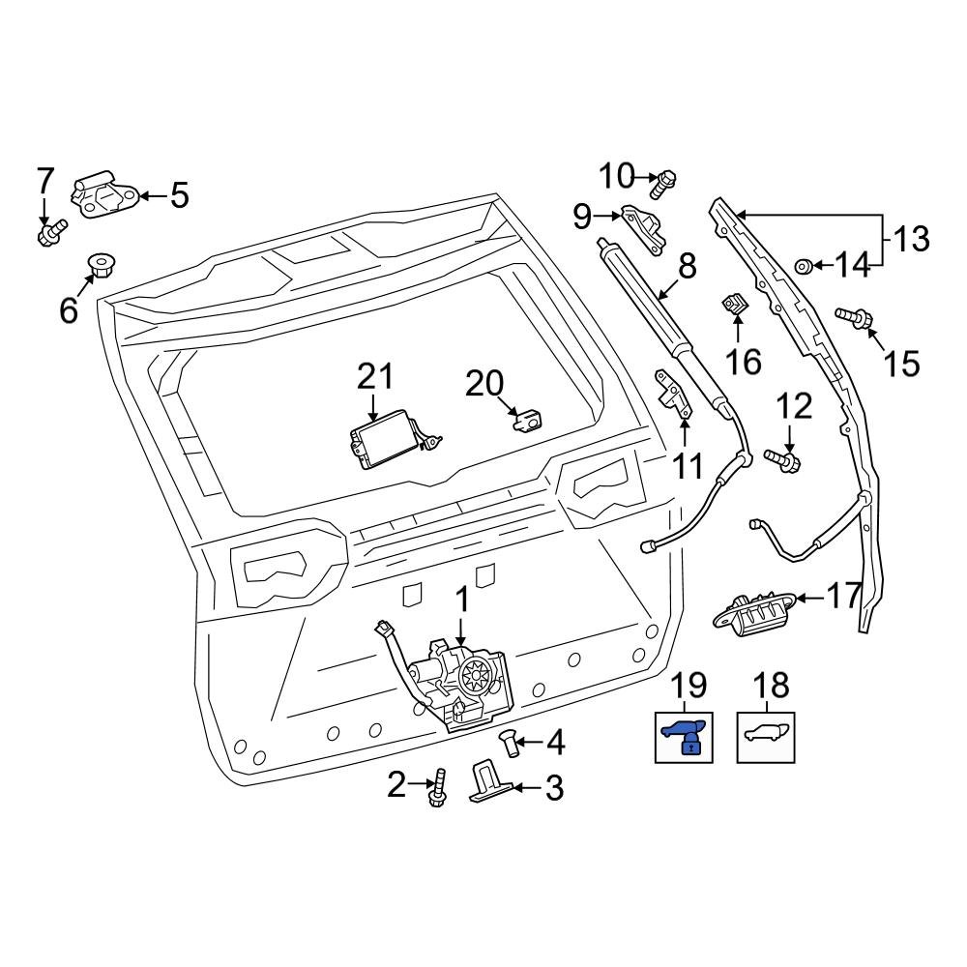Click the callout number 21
coord(376,377)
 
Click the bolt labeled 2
coord(438,788)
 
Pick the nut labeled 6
coord(98,264)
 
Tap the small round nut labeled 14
coord(802,265)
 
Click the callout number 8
coord(687,267)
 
